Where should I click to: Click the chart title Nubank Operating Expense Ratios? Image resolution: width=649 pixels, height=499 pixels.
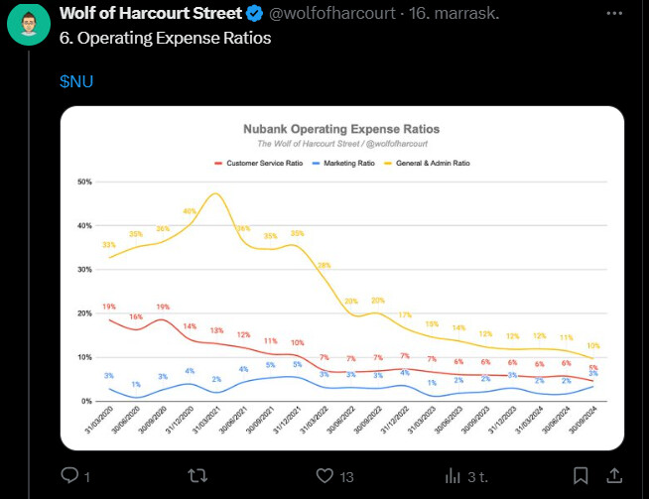tap(341, 129)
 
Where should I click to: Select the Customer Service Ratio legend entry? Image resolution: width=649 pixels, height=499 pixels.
tap(262, 162)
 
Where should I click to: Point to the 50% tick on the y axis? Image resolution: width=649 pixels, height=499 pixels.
tap(84, 183)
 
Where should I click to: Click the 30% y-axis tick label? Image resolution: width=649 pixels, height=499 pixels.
tap(84, 270)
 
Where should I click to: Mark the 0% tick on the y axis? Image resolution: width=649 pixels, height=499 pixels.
tap(86, 401)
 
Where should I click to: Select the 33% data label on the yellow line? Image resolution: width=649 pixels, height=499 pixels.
tap(109, 245)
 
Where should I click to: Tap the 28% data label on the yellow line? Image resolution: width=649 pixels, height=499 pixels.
tap(324, 266)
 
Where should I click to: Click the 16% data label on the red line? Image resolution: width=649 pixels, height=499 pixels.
tap(136, 316)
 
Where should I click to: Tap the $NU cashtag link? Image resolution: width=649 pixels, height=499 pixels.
tap(76, 79)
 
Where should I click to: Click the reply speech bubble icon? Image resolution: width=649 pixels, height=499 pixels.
tap(69, 476)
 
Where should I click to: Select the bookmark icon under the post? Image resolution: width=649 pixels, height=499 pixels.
tap(582, 476)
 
